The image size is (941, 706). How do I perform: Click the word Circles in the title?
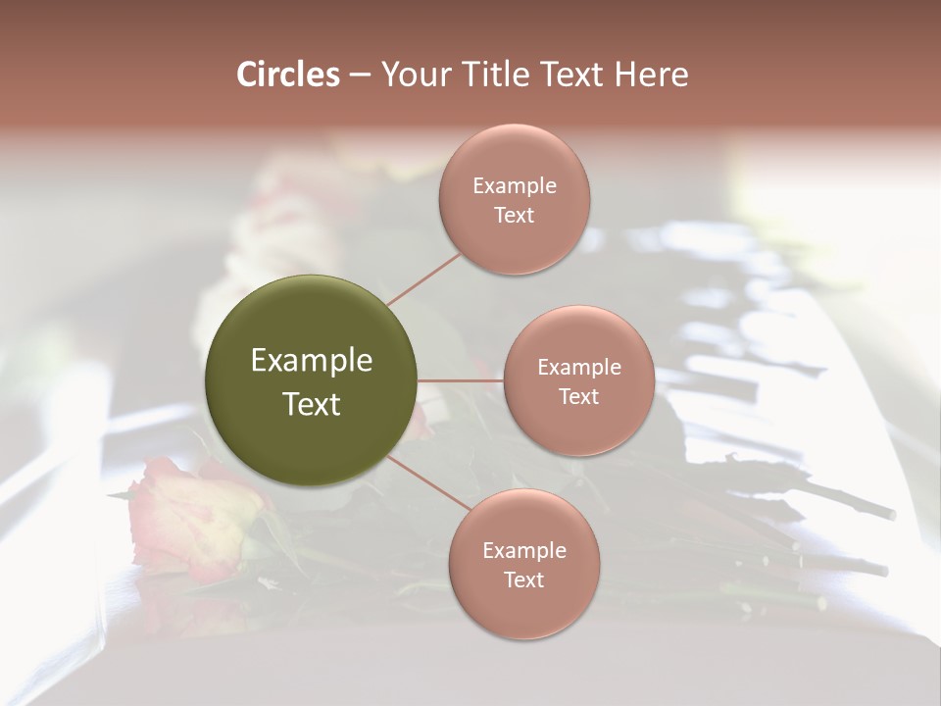point(287,75)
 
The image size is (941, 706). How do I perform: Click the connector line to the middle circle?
point(461,379)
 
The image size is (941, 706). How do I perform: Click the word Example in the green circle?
point(312,361)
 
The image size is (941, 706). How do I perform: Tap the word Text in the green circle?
point(312,404)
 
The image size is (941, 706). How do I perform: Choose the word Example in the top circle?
point(515,186)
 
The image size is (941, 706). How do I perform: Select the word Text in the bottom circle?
point(523,580)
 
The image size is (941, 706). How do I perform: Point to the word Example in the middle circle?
point(578,368)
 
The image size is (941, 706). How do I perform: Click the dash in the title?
point(360,75)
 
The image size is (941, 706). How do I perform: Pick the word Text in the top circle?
point(515,216)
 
